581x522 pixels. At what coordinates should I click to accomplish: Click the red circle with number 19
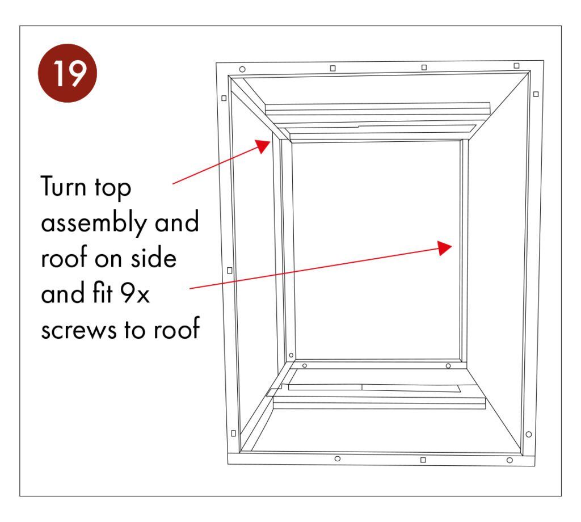[x=68, y=73]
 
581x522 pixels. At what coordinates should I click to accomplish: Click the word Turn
[x=70, y=188]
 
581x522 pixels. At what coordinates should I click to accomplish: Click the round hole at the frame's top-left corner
[x=242, y=69]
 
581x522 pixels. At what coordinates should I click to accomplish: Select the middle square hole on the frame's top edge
[x=424, y=68]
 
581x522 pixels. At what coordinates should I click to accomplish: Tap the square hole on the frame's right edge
[x=536, y=94]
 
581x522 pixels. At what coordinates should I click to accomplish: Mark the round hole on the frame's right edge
[x=529, y=434]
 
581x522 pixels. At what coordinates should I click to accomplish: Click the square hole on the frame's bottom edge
[x=423, y=460]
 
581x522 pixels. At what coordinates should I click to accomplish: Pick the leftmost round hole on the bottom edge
[x=338, y=458]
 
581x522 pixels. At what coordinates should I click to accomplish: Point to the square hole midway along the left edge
[x=229, y=270]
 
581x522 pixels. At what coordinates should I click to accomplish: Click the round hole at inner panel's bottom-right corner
[x=448, y=366]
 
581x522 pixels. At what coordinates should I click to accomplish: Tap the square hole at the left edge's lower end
[x=234, y=433]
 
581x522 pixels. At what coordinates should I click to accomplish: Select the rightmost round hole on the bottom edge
[x=510, y=460]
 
